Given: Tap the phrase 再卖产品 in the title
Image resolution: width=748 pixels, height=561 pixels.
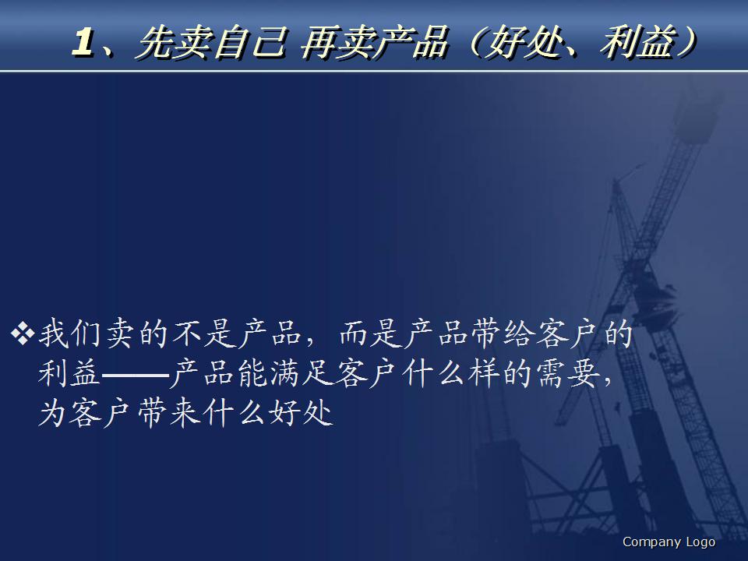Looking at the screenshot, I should (374, 44).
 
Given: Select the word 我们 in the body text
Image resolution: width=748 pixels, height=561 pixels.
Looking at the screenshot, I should (70, 336).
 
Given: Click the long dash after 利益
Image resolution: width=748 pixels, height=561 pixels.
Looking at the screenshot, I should (135, 375).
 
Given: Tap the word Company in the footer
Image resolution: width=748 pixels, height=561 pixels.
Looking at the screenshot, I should (651, 542).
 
